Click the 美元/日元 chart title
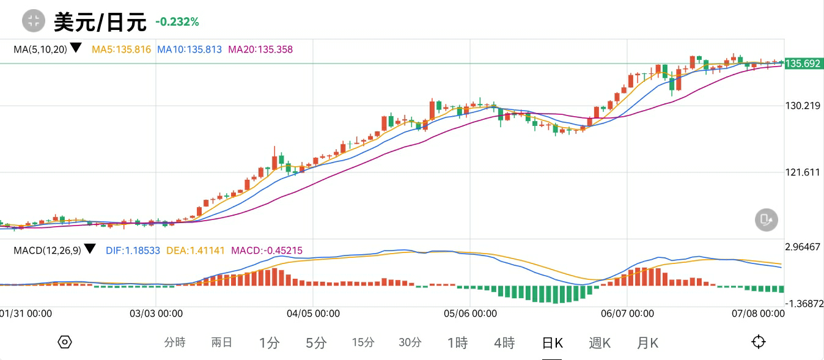click(x=100, y=22)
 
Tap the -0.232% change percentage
click(x=177, y=22)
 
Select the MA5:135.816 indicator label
click(x=121, y=50)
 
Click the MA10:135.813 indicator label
click(x=189, y=50)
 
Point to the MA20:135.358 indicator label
click(x=260, y=50)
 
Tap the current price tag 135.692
click(x=803, y=64)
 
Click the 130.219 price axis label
click(x=803, y=106)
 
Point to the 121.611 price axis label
click(x=803, y=172)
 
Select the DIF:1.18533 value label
click(x=133, y=250)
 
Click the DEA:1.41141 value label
click(x=196, y=250)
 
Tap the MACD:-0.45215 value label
click(x=267, y=250)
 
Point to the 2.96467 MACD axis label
click(x=803, y=247)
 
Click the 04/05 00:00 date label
click(x=313, y=314)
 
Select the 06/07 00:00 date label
click(x=627, y=314)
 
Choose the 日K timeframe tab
click(x=553, y=343)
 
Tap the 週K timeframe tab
click(x=600, y=343)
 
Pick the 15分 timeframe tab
click(x=363, y=343)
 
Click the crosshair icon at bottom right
click(x=759, y=342)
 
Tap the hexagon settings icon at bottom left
click(x=65, y=342)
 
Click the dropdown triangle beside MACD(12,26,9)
click(x=90, y=249)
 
